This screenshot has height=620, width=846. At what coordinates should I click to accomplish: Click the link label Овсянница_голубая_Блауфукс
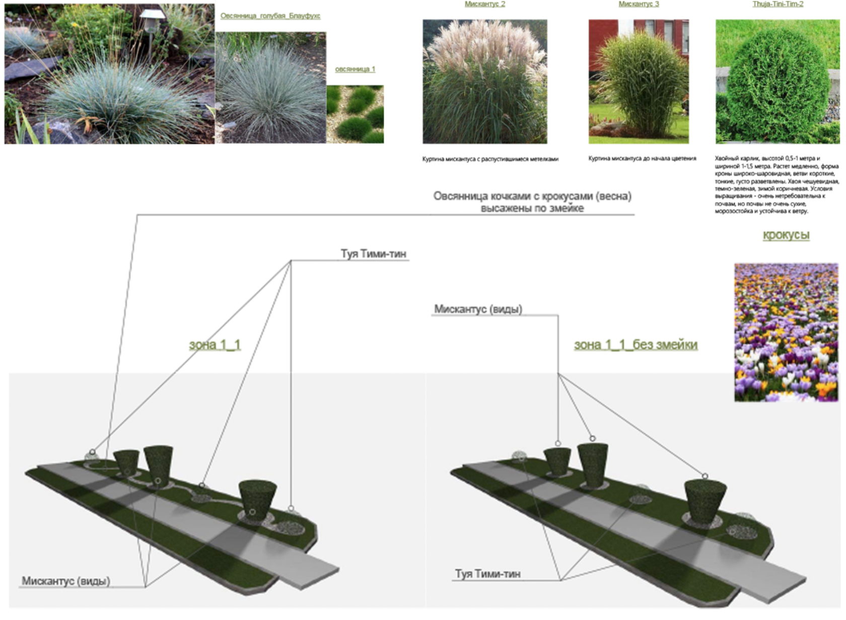(x=270, y=16)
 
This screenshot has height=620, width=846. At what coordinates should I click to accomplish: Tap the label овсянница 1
(x=355, y=69)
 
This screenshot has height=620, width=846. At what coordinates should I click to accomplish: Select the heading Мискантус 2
(x=484, y=4)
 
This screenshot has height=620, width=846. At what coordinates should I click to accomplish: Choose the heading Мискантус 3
(x=639, y=4)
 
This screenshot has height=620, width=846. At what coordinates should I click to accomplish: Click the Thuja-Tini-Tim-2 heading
(x=778, y=4)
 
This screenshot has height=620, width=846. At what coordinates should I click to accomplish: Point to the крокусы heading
(x=786, y=235)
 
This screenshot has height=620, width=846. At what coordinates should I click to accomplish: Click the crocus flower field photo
(x=786, y=332)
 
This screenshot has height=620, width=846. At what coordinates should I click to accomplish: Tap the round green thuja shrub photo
(x=777, y=82)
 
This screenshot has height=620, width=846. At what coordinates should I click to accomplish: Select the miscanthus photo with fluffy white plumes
(x=484, y=82)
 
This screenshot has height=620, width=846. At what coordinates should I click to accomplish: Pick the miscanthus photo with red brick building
(x=639, y=82)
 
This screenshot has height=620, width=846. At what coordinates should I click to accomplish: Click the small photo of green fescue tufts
(x=355, y=114)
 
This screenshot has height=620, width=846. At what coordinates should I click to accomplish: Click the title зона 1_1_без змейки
(x=636, y=345)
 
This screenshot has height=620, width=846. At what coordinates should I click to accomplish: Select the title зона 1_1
(x=215, y=345)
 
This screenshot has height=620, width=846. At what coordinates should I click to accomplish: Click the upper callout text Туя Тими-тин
(x=373, y=254)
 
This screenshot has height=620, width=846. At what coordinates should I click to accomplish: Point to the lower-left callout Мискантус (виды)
(x=65, y=581)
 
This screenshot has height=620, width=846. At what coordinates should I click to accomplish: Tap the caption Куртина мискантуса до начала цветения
(x=642, y=159)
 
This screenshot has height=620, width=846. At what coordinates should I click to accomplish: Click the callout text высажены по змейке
(x=532, y=209)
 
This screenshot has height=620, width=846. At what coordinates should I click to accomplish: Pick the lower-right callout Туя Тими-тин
(x=487, y=574)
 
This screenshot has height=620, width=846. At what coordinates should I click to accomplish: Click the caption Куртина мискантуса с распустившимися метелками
(x=490, y=159)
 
